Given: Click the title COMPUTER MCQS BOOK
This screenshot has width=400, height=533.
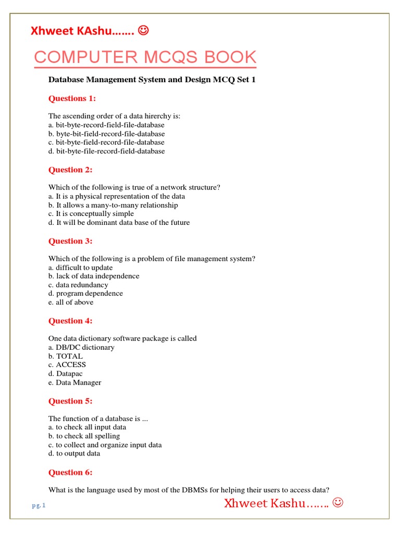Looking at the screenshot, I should (x=145, y=57).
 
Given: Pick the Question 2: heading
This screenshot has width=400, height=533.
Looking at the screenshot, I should (x=70, y=170).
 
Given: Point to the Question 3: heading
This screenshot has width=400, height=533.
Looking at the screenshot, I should (x=70, y=241).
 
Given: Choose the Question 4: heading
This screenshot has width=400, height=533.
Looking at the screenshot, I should (x=70, y=321).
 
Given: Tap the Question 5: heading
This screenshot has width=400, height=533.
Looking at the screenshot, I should (x=70, y=401).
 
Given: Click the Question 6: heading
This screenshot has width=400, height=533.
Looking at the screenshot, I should (x=70, y=472).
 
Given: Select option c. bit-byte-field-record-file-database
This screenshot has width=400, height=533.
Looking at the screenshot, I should (x=106, y=142).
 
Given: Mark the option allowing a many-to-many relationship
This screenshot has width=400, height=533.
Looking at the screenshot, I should (x=113, y=205).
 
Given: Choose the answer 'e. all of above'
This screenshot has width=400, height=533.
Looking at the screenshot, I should (x=71, y=302).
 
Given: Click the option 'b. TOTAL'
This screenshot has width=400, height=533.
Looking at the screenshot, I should (x=66, y=356).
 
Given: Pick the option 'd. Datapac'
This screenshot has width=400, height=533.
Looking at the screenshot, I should (x=66, y=373).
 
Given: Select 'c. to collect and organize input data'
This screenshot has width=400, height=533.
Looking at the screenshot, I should (x=105, y=445).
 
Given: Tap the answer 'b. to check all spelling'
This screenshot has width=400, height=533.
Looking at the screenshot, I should (x=84, y=436).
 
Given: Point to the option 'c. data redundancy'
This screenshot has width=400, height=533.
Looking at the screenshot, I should (x=78, y=285).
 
